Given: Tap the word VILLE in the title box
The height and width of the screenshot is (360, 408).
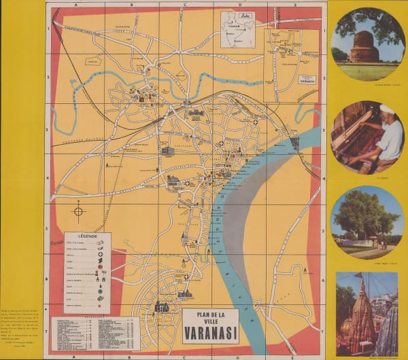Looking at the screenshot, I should [210, 323].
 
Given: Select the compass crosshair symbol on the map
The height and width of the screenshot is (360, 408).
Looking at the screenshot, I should [78, 211].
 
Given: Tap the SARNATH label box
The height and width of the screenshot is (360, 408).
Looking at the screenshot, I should [308, 79].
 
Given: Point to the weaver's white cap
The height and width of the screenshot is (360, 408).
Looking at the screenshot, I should [387, 109].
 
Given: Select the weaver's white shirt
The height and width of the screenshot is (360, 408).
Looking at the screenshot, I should [390, 140].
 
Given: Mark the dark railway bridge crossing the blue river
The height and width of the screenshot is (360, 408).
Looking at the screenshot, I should [294, 143].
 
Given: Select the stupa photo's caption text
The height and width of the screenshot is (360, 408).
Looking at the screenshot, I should [367, 86].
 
